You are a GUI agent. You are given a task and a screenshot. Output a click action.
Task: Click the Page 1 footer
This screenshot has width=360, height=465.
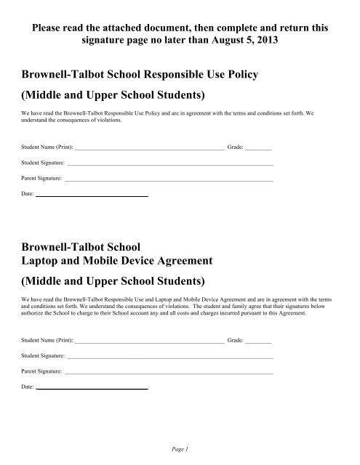180,449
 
